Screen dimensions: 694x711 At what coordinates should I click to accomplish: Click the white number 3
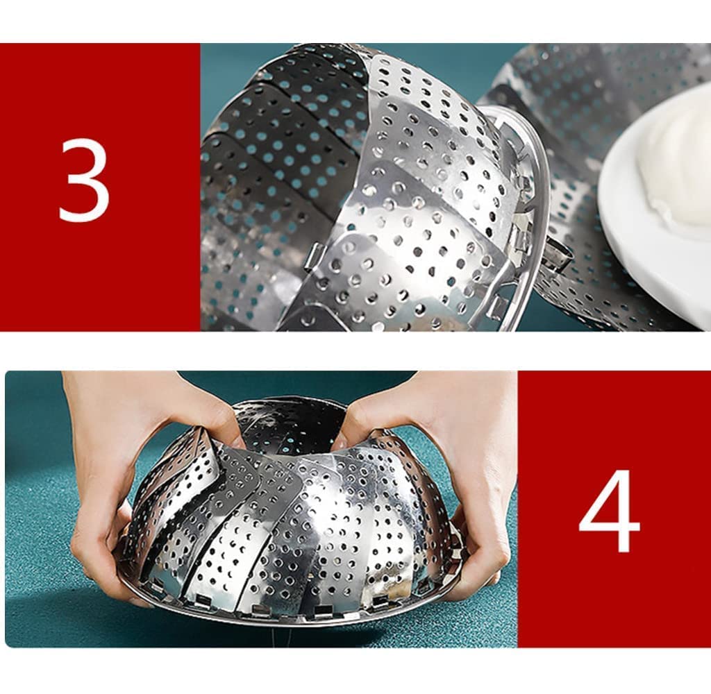85,180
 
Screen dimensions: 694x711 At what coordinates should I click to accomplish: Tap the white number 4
610,511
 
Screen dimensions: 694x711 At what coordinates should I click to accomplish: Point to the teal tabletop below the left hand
56,611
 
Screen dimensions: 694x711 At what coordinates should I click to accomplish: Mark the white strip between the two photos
355,350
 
